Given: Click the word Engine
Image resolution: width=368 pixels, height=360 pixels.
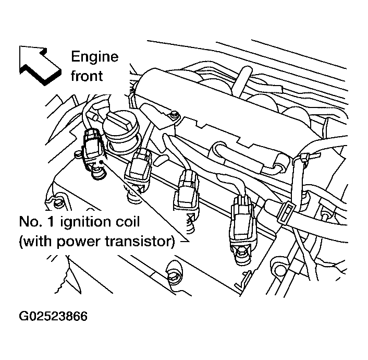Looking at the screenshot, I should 94,57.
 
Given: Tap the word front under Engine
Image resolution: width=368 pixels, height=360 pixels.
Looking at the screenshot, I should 87,76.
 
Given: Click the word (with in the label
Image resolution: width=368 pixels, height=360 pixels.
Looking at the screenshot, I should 36,242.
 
